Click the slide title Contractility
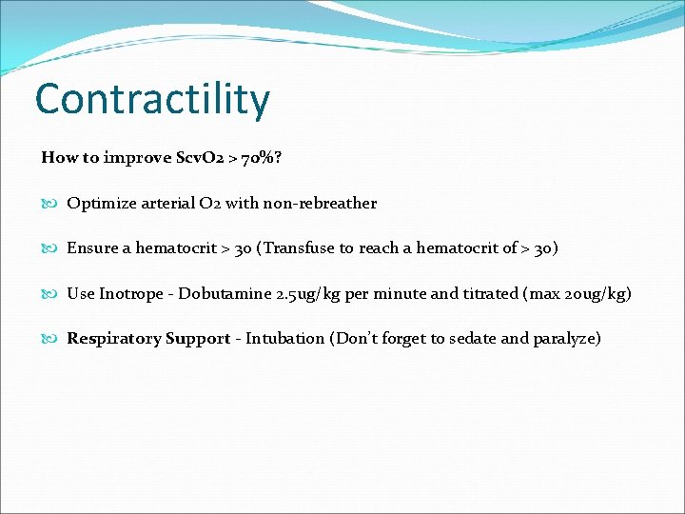click(152, 99)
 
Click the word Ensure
click(92, 248)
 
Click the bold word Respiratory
click(113, 339)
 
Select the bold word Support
click(197, 339)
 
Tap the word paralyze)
click(566, 339)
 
